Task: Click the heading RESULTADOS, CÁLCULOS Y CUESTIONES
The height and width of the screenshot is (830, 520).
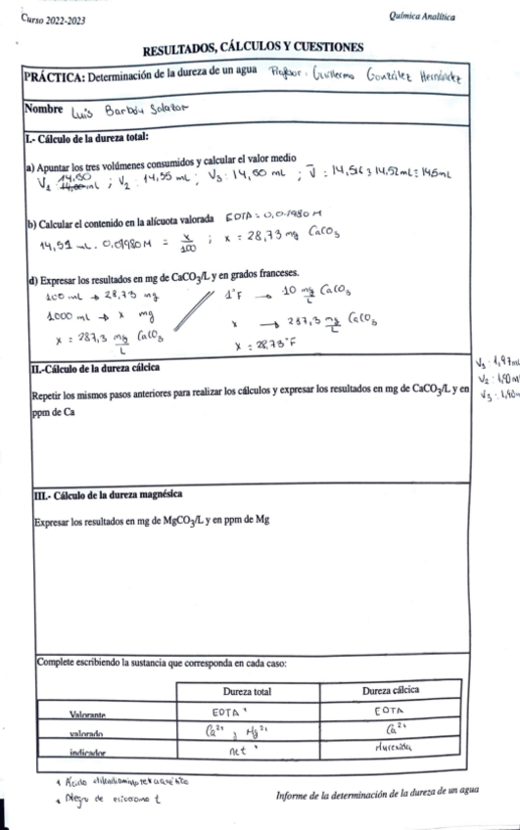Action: point(253,48)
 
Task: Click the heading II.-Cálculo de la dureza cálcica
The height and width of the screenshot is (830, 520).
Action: point(105,367)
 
